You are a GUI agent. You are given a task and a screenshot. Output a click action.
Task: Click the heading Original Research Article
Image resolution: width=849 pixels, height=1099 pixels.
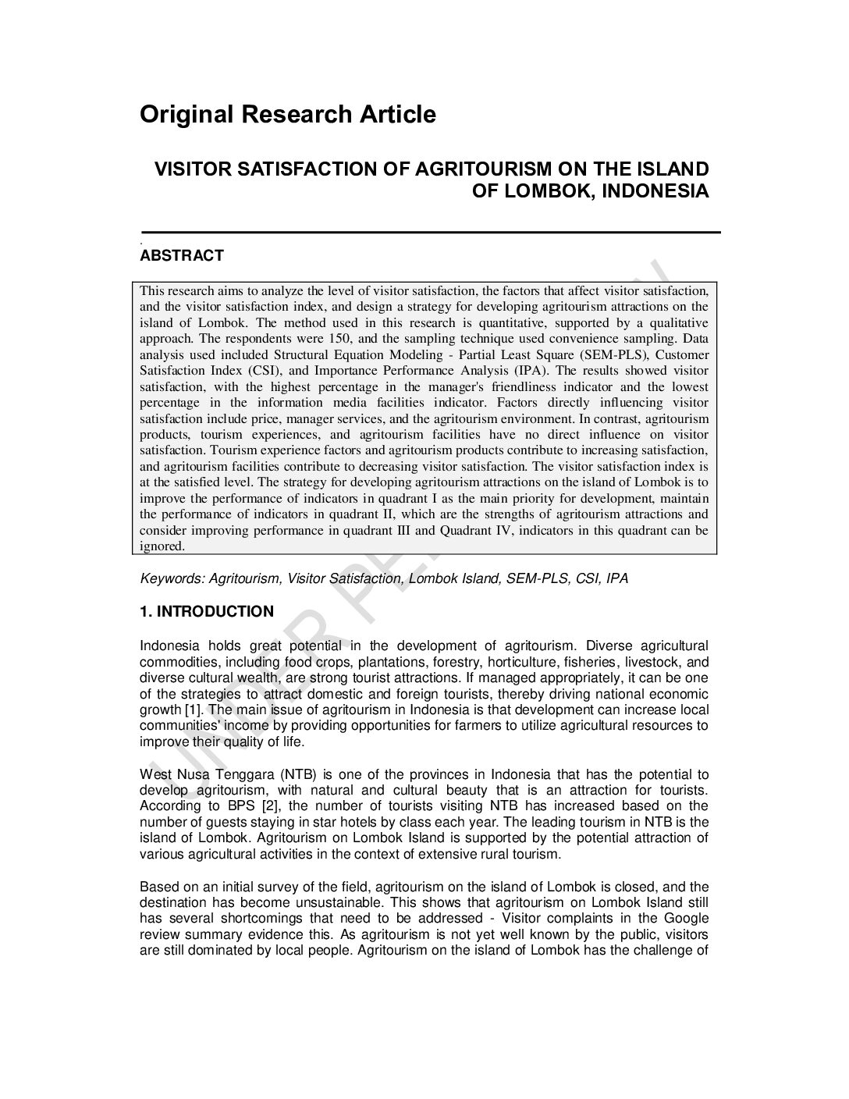coord(287,115)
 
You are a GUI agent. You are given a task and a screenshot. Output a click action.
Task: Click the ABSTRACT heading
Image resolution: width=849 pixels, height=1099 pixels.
coord(181,255)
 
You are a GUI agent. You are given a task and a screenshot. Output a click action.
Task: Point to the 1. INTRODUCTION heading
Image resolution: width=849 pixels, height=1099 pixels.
coord(207,612)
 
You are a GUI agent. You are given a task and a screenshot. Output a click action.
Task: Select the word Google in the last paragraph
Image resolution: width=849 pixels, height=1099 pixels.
coord(687,918)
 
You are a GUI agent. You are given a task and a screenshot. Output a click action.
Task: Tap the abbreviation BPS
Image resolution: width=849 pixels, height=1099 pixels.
coord(244,806)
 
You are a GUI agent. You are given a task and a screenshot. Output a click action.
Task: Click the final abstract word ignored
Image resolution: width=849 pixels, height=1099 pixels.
coord(162,546)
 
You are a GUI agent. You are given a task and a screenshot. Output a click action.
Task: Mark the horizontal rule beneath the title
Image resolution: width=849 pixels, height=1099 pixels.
coord(430,232)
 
